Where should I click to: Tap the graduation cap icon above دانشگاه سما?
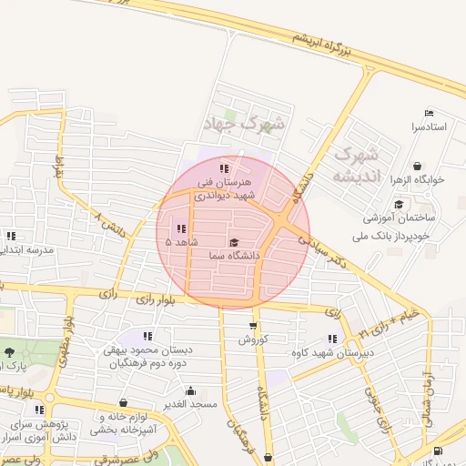pyautogui.click(x=234, y=243)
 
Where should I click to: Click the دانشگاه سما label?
pyautogui.click(x=234, y=257)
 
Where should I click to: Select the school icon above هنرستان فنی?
pyautogui.click(x=225, y=168)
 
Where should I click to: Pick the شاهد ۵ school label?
pyautogui.click(x=182, y=242)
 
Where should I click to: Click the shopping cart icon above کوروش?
pyautogui.click(x=253, y=326)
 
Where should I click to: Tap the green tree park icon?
pyautogui.click(x=10, y=352)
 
